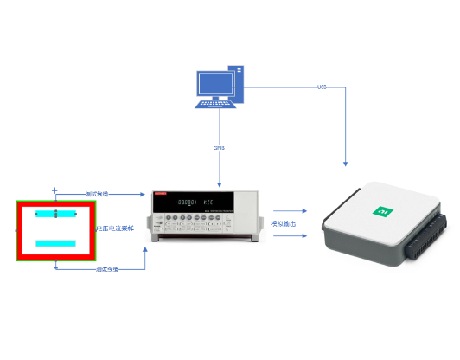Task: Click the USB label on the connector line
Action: point(322,87)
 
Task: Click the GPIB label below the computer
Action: point(219,148)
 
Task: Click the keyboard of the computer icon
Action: point(216,103)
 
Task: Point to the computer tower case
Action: point(235,84)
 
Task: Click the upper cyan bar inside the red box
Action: point(55,213)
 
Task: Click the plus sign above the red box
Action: point(54,190)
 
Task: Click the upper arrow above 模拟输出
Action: point(290,210)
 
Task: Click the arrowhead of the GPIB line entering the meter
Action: point(220,184)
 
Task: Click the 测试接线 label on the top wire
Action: point(97,194)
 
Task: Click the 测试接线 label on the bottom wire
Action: point(106,269)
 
